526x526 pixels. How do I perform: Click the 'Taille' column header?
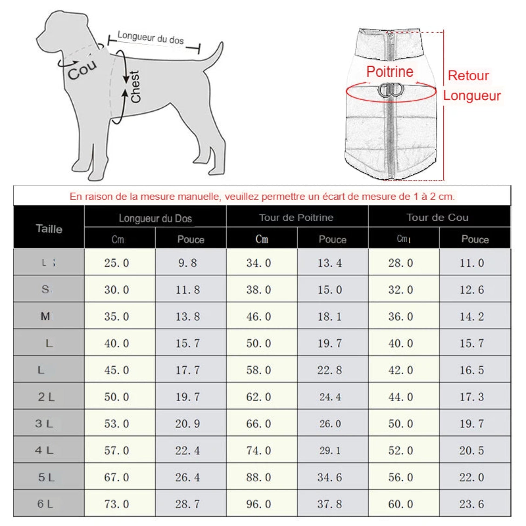tap(49, 229)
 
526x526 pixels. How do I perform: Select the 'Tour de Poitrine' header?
tap(296, 218)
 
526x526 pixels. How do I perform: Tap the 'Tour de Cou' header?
tap(438, 218)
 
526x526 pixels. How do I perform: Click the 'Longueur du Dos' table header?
tap(155, 218)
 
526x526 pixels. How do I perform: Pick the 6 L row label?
tap(45, 504)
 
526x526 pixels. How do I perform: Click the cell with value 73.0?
tap(116, 504)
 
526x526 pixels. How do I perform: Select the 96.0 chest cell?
tap(259, 504)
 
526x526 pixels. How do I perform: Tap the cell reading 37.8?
tap(330, 504)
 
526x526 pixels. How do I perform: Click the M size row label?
tap(45, 316)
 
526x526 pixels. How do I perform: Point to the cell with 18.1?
tap(330, 317)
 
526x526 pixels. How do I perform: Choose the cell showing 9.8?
tap(188, 263)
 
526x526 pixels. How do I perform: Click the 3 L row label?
tap(44, 423)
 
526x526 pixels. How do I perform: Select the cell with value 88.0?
tap(259, 477)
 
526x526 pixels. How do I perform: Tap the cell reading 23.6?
tap(472, 504)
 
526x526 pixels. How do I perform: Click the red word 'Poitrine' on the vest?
tap(389, 72)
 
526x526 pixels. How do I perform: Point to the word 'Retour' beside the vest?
tap(468, 76)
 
